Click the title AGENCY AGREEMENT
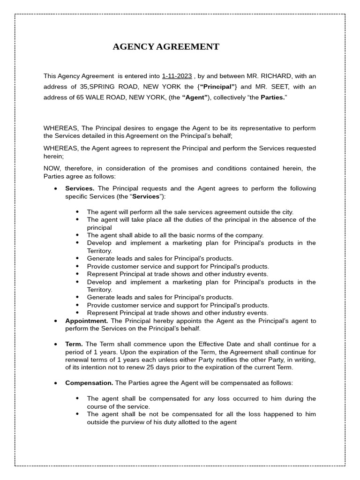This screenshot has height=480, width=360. click(x=166, y=47)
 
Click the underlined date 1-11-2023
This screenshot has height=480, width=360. click(x=177, y=76)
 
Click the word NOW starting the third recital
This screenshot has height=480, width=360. click(x=52, y=169)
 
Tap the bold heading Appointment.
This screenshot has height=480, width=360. click(x=87, y=321)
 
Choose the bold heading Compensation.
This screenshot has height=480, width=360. click(x=89, y=383)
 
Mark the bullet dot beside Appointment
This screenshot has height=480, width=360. click(x=55, y=321)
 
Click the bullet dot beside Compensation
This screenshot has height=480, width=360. click(x=55, y=383)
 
